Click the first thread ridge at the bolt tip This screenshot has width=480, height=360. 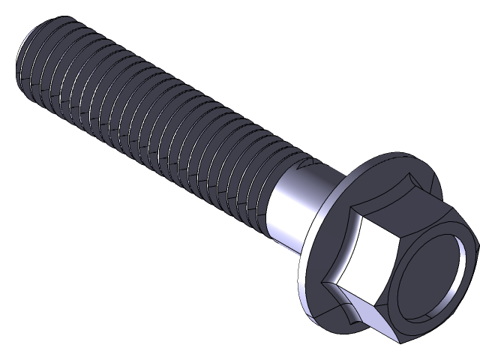pos(37,56)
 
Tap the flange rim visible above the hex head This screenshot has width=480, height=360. pos(390,161)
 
